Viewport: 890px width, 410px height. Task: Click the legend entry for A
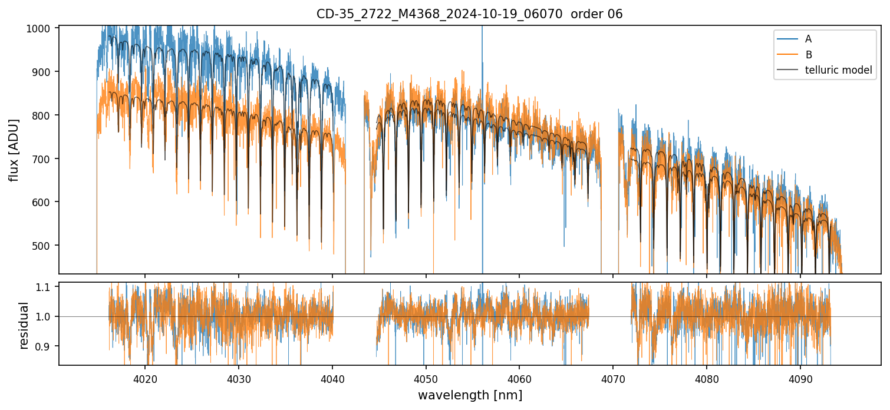tap(808, 39)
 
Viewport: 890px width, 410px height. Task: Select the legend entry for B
tap(808, 54)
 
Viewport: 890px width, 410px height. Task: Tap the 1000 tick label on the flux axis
tap(42, 28)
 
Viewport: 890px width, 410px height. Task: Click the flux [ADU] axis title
tap(14, 150)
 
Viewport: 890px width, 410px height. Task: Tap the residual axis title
tap(24, 325)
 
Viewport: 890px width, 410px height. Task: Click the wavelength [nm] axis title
tap(470, 395)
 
